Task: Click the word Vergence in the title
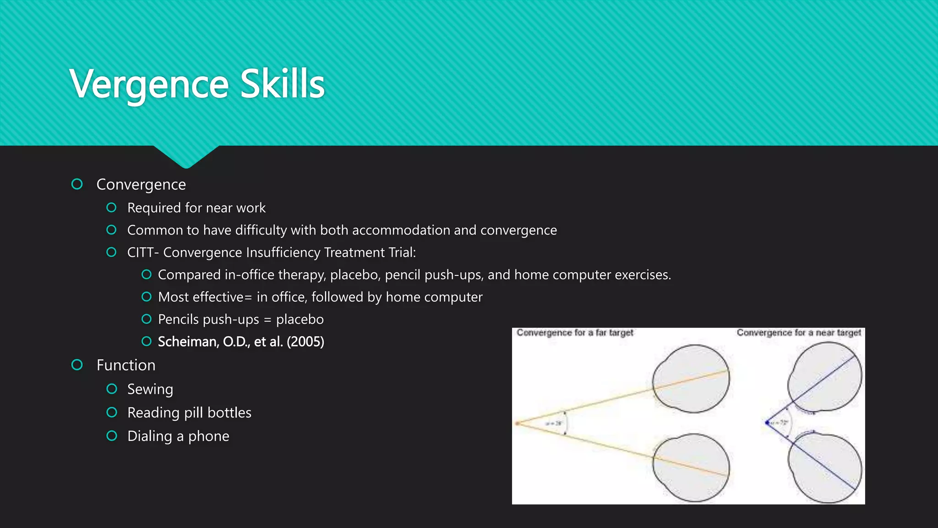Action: pyautogui.click(x=149, y=84)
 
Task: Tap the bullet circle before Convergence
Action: pyautogui.click(x=77, y=184)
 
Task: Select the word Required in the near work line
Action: pyautogui.click(x=154, y=208)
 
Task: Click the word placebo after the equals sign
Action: pyautogui.click(x=300, y=319)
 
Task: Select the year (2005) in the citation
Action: pyautogui.click(x=305, y=342)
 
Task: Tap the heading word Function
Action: pyautogui.click(x=126, y=365)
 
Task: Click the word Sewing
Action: pyautogui.click(x=150, y=389)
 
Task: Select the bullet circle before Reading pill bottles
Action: pyautogui.click(x=112, y=412)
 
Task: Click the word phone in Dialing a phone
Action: pyautogui.click(x=208, y=436)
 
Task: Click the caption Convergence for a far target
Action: pyautogui.click(x=575, y=333)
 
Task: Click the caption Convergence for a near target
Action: pyautogui.click(x=798, y=333)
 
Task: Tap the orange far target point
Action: pyautogui.click(x=518, y=423)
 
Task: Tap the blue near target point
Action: pyautogui.click(x=767, y=423)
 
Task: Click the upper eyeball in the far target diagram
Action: pyautogui.click(x=691, y=379)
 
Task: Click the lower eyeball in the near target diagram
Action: pyautogui.click(x=825, y=468)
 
